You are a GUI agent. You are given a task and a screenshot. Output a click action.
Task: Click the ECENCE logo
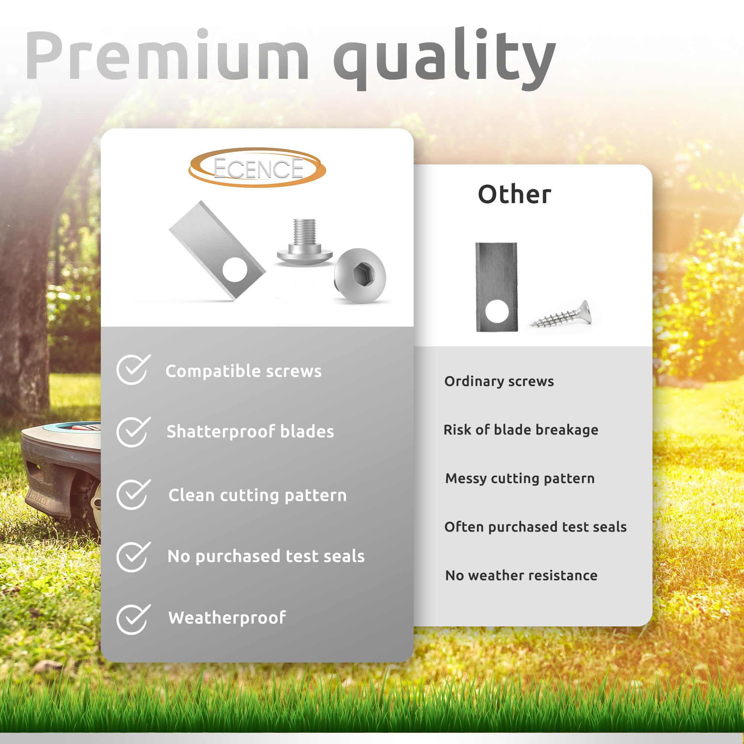[257, 167]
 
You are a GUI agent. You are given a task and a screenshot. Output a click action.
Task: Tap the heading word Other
[514, 194]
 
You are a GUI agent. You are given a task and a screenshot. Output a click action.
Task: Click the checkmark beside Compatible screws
[133, 369]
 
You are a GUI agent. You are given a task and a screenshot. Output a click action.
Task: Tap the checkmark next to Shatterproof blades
[133, 432]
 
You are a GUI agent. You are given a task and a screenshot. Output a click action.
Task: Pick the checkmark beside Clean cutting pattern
[133, 494]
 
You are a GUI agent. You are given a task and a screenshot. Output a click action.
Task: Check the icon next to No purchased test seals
[133, 557]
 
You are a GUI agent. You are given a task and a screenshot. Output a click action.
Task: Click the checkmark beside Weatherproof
[133, 619]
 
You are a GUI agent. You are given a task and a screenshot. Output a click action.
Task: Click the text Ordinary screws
[499, 381]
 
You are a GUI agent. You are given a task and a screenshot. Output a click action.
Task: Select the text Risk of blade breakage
[521, 429]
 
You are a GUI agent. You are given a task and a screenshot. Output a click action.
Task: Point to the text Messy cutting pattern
[520, 478]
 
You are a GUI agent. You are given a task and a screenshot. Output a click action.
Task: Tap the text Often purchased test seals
[535, 527]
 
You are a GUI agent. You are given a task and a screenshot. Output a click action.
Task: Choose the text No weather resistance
[521, 575]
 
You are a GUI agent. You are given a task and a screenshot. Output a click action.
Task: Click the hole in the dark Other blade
[497, 311]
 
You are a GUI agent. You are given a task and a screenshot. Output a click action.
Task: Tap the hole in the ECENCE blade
[235, 270]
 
